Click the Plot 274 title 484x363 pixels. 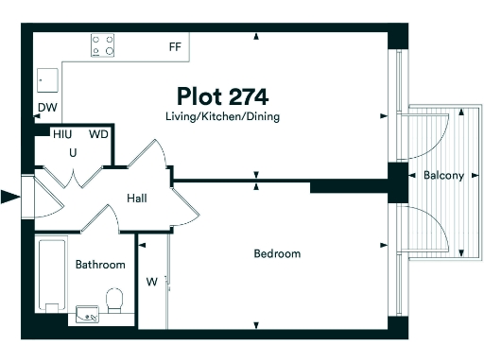pyautogui.click(x=222, y=96)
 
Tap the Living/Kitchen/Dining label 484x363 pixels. pyautogui.click(x=221, y=116)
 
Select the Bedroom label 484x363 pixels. pyautogui.click(x=277, y=253)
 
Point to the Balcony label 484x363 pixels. pyautogui.click(x=443, y=176)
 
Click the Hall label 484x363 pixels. pyautogui.click(x=137, y=199)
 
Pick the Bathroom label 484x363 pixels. pyautogui.click(x=100, y=265)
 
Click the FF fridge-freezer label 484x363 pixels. pyautogui.click(x=175, y=46)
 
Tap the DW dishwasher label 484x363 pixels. pyautogui.click(x=46, y=108)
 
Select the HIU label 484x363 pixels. pyautogui.click(x=62, y=134)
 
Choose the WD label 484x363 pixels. pyautogui.click(x=98, y=134)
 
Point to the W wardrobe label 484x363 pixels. pyautogui.click(x=151, y=280)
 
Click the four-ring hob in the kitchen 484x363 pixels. pyautogui.click(x=103, y=44)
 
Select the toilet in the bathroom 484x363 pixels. pyautogui.click(x=115, y=302)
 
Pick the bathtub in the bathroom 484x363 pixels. pyautogui.click(x=51, y=274)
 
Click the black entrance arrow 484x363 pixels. pyautogui.click(x=10, y=197)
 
